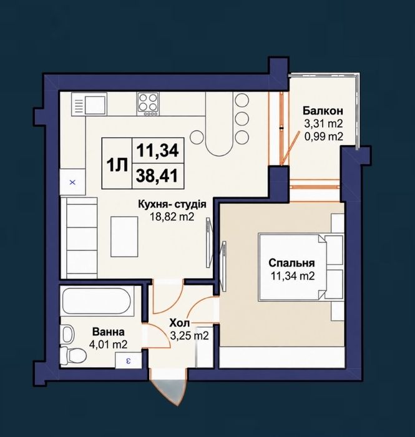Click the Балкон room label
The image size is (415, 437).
coord(323,111)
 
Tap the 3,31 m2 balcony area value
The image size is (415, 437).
coord(323,124)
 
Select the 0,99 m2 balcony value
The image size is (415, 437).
coord(323,137)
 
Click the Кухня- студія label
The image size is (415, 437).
coord(172,204)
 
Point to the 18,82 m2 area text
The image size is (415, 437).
coord(172,217)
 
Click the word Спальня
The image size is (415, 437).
coord(291,263)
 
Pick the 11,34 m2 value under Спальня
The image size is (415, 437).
coord(293,276)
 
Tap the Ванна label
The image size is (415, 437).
coord(109,332)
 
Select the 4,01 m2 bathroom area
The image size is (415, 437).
coord(109,345)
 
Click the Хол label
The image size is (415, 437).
coord(180,323)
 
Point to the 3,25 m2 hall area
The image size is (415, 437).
coord(189,336)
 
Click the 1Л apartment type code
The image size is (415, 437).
coord(117,165)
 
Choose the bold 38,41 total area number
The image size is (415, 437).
coord(157,176)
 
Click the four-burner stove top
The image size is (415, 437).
coord(148,104)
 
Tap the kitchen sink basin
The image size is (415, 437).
coord(95,104)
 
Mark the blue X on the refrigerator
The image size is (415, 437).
coord(72,182)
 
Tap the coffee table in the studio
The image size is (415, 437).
coord(125,237)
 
